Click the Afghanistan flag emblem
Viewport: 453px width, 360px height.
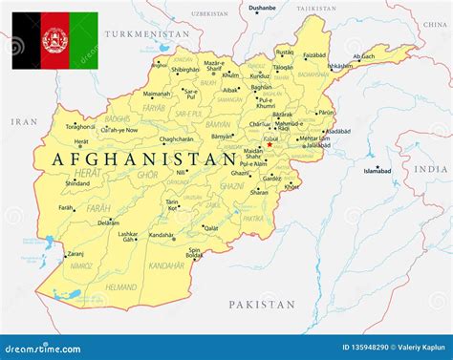click(x=54, y=39)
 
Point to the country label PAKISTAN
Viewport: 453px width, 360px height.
click(x=263, y=304)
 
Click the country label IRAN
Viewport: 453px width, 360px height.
click(x=22, y=122)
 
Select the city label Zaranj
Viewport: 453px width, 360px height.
click(x=75, y=254)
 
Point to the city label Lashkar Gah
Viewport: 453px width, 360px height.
click(x=128, y=237)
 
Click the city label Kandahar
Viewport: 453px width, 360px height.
click(x=161, y=236)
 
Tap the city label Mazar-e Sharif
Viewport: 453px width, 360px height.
click(x=214, y=66)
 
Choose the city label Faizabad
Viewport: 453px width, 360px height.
click(x=314, y=55)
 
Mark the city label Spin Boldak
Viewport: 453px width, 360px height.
click(x=194, y=253)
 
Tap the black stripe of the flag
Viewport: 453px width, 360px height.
click(x=26, y=40)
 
